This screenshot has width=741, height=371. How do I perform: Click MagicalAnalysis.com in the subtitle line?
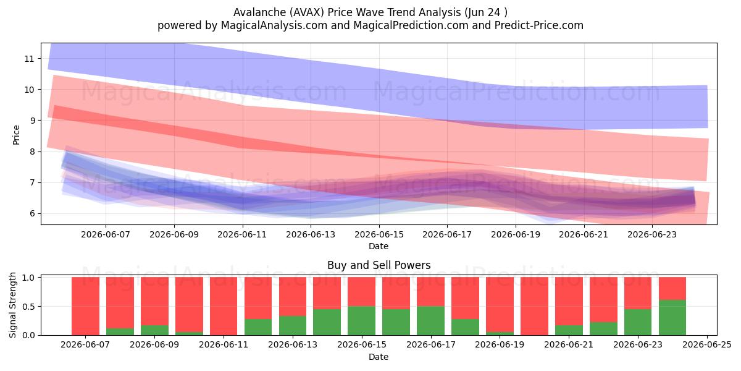click(274, 25)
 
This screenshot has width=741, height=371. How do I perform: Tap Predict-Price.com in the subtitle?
click(539, 25)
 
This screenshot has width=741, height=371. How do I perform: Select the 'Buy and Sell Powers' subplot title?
click(379, 265)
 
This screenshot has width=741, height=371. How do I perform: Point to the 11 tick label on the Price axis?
click(29, 59)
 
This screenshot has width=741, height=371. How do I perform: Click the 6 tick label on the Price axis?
click(31, 214)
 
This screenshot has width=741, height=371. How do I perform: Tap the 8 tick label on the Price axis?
click(31, 151)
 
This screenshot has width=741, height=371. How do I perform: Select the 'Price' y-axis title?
click(16, 135)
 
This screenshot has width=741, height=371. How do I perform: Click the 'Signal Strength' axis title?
click(12, 305)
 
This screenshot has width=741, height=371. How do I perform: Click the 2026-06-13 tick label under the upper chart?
click(311, 234)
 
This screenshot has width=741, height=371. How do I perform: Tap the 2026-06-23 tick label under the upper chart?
click(652, 234)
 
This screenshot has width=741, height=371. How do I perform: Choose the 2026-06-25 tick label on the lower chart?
click(707, 345)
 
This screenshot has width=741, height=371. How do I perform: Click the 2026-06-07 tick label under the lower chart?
click(85, 345)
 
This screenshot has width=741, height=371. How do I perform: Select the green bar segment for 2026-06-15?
click(362, 321)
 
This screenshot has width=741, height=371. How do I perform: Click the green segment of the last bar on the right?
click(672, 318)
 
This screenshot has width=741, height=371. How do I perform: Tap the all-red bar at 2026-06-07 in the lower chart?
click(85, 306)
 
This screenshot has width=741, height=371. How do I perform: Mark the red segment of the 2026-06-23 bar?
click(638, 293)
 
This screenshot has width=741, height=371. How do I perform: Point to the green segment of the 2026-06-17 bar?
click(431, 321)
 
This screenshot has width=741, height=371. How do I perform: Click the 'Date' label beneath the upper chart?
click(379, 246)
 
